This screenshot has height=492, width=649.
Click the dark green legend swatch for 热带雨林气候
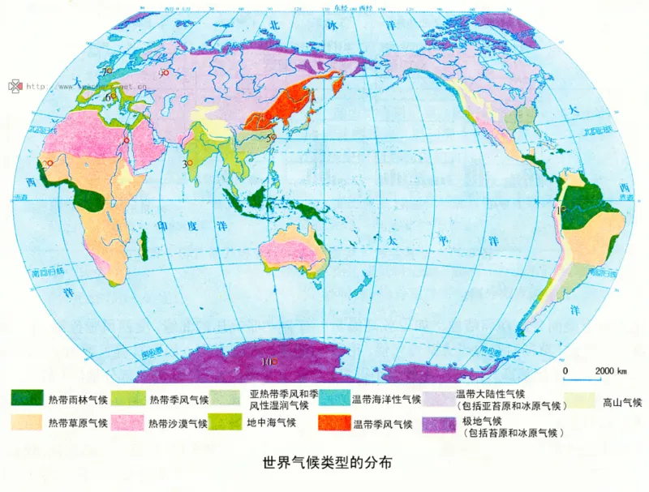26,397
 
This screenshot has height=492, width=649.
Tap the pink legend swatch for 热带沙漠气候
127,422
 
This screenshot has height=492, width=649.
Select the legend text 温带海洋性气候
386,398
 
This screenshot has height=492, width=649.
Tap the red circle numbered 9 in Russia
165,73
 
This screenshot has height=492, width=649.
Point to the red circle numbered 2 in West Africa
51,165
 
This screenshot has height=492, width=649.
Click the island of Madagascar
144,245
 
